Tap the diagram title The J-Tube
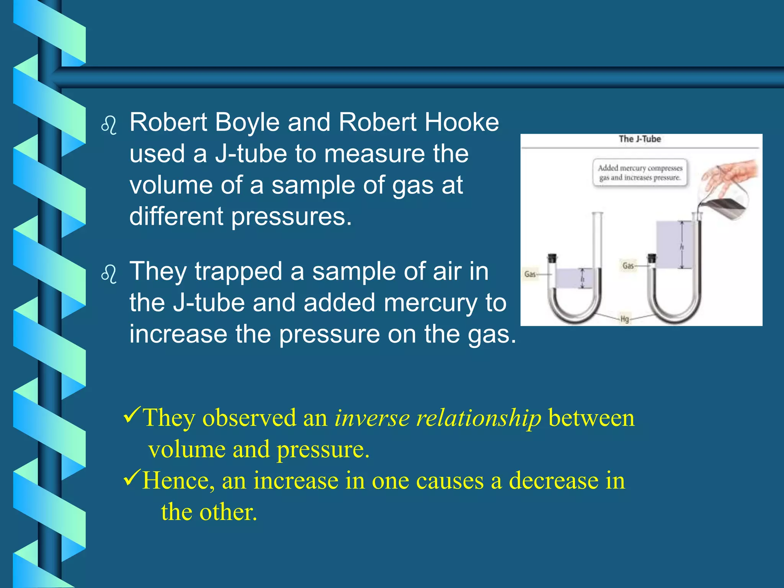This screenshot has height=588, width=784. tap(640, 139)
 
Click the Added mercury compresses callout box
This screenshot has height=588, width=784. tap(640, 173)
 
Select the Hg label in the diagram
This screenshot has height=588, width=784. tap(624, 318)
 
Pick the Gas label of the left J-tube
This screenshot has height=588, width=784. tap(530, 274)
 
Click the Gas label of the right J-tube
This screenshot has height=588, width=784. tap(628, 265)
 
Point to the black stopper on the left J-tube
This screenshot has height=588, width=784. tap(552, 258)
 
